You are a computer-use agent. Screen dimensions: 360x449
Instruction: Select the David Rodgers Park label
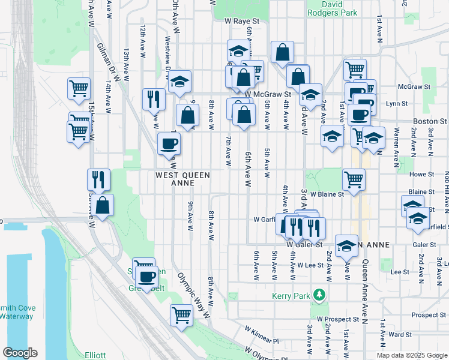point(332,8)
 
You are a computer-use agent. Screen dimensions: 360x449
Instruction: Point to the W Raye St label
point(241,20)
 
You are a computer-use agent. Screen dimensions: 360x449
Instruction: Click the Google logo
point(20,353)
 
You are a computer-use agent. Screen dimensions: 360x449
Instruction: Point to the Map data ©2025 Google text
point(412,355)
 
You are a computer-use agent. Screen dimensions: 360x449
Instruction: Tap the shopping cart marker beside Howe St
point(354,179)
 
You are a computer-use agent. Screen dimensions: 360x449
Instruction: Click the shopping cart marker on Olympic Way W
point(181,313)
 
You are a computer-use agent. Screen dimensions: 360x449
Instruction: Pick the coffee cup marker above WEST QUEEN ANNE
point(168,143)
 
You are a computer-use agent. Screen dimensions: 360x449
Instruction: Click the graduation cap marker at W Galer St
point(346,246)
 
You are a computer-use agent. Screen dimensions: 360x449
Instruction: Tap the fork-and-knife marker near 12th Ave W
point(154,98)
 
